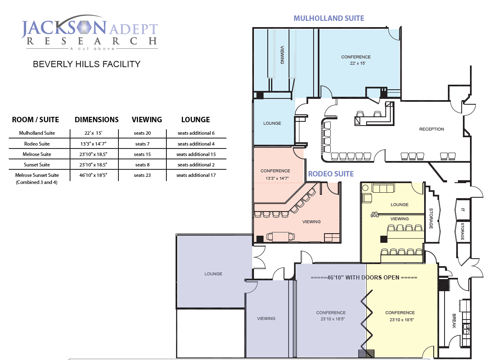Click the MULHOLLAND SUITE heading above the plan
(329, 18)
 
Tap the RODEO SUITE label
(331, 174)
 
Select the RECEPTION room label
(431, 129)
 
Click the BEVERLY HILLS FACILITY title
(87, 64)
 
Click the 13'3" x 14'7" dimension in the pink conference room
(275, 178)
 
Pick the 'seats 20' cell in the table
(142, 133)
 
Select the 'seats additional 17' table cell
(196, 175)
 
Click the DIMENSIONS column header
(97, 120)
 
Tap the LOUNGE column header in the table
(195, 120)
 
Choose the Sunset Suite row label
(37, 165)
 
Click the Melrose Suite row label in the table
(37, 154)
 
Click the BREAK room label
(455, 321)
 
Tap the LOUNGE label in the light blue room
(272, 123)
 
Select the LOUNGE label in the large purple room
(213, 274)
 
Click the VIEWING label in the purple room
(266, 319)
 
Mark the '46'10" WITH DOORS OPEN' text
(364, 277)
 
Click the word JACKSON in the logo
(64, 29)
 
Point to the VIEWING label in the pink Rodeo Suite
(311, 222)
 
